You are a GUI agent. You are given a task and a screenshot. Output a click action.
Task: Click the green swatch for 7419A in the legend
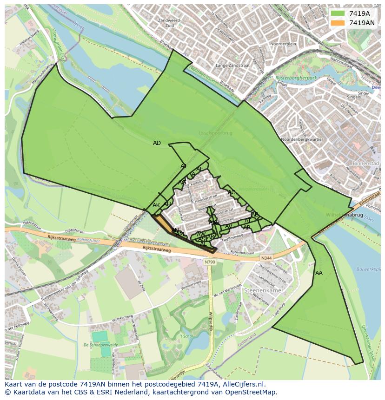coord(338,13)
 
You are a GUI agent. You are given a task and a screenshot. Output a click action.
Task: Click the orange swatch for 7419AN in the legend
coord(338,23)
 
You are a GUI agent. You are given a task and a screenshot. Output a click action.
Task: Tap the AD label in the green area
coord(157,143)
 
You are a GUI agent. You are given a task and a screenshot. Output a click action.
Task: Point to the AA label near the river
coord(319,273)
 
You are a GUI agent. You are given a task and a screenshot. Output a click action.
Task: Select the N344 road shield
coord(266,258)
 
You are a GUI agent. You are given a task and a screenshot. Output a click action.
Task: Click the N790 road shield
coord(210,262)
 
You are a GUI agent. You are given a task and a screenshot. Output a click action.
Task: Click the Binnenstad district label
coord(366,164)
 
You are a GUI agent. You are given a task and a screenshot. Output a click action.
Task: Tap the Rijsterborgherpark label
coord(296,78)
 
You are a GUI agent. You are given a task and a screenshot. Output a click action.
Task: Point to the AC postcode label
coord(231,192)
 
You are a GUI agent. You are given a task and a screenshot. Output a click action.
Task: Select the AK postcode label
coord(156,205)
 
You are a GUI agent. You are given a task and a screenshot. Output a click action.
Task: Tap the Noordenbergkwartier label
coord(302,139)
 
